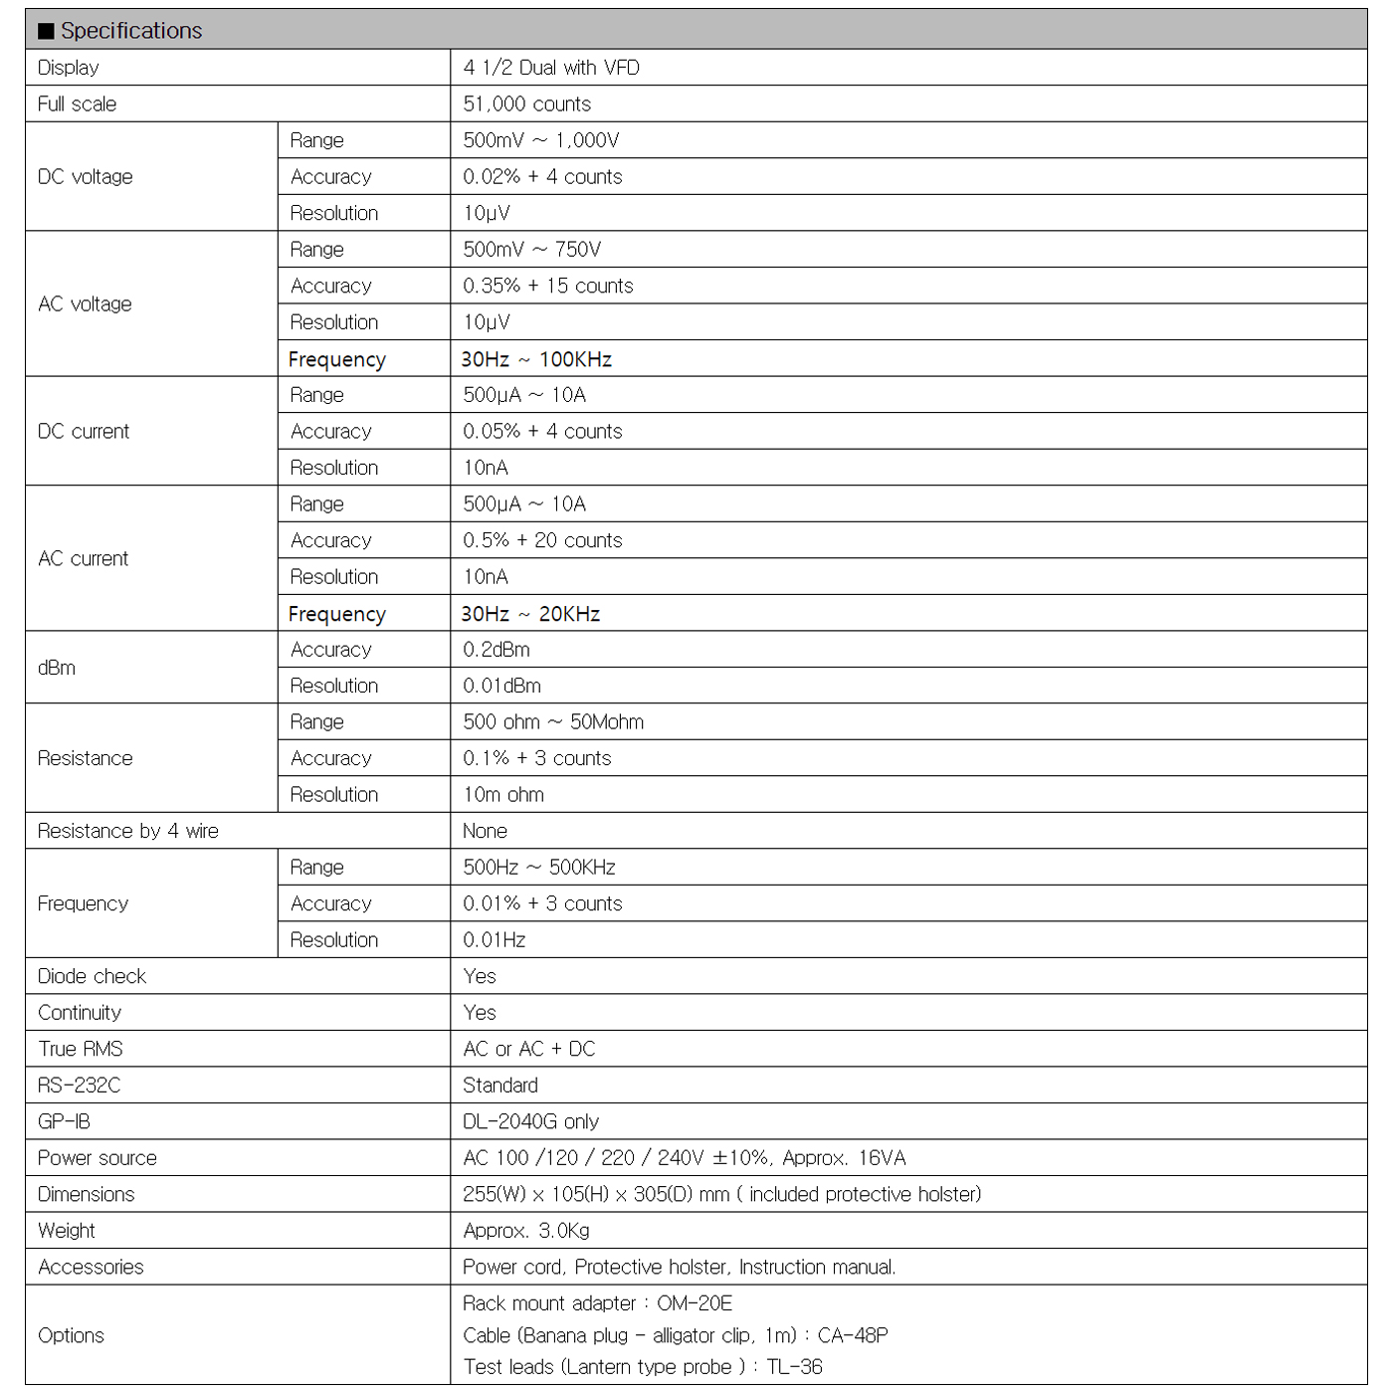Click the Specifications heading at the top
[131, 31]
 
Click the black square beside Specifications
[46, 31]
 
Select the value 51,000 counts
[526, 104]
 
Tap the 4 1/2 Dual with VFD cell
[551, 68]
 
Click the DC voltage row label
[86, 177]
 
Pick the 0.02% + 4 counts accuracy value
[542, 177]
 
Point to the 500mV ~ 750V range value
[531, 250]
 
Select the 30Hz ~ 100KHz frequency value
[536, 359]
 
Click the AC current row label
[84, 559]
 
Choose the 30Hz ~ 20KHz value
[530, 614]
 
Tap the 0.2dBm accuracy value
[497, 650]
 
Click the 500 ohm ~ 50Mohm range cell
[553, 722]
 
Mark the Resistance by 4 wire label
[128, 831]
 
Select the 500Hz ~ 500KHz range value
[539, 868]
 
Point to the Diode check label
[92, 976]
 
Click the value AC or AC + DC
[529, 1049]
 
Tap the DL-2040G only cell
[530, 1121]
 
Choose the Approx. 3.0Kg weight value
[526, 1231]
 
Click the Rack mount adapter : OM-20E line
[597, 1303]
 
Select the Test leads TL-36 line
[643, 1367]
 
